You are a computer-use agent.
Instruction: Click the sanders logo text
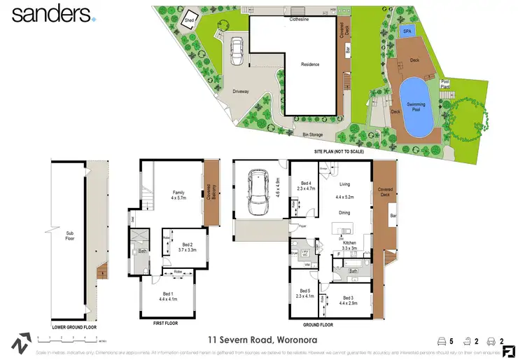[51, 13]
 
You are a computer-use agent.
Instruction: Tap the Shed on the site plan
[189, 21]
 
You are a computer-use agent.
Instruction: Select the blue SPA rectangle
[407, 32]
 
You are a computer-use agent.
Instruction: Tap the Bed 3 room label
[348, 298]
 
